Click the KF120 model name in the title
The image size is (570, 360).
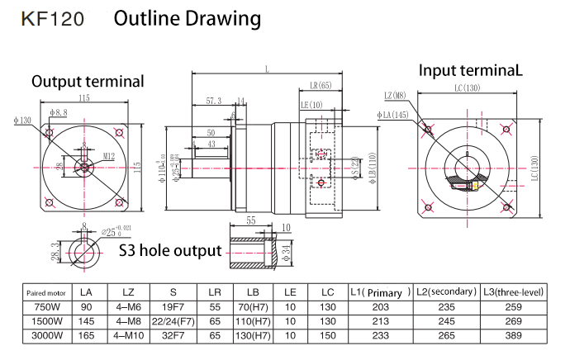tap(53, 19)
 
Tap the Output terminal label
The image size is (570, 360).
tap(88, 81)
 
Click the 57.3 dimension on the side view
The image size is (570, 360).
tap(213, 101)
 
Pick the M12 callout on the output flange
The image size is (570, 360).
tap(108, 155)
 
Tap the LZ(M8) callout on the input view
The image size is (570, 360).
tap(395, 96)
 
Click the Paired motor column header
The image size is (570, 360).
tap(45, 292)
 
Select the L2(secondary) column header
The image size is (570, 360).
tap(446, 292)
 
